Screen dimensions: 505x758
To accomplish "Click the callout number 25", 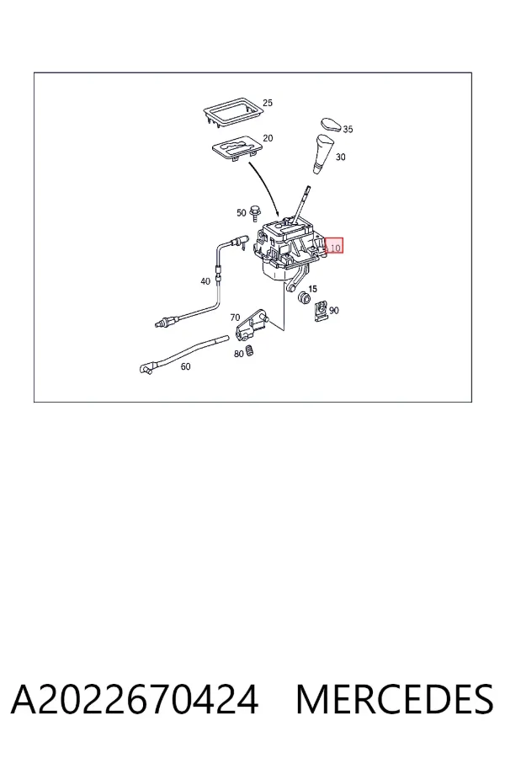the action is pos(268,103).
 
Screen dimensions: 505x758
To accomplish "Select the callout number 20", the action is pos(268,138).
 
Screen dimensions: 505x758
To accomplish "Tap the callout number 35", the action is pos(348,129).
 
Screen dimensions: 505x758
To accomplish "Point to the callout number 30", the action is pos(341,157).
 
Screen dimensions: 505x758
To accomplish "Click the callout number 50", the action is pos(242,213).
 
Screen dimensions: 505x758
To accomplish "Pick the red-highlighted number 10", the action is pos(335,248).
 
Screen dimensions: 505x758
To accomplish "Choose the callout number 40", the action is pos(205,281).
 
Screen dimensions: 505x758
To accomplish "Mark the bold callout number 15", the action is pos(312,289).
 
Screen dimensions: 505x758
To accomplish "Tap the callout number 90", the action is pos(334,310).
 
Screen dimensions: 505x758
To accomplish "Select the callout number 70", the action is pos(235,318).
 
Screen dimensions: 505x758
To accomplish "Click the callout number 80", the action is pos(239,354).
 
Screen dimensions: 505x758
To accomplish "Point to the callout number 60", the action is pos(185,366).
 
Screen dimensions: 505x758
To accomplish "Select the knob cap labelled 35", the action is pos(332,124).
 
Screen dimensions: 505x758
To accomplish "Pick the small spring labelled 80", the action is pos(250,350).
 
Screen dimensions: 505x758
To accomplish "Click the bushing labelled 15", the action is pos(304,298).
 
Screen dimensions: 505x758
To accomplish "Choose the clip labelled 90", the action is pos(321,312).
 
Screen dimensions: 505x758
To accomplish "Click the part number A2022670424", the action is pos(135,700).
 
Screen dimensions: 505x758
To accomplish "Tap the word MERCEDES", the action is pos(395,700).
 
